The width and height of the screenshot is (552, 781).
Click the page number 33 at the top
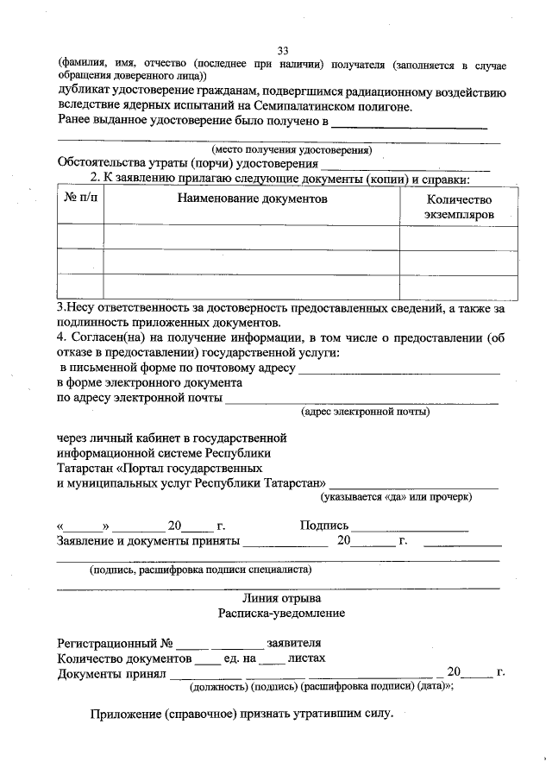pyautogui.click(x=284, y=50)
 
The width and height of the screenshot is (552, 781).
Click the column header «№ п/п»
pyautogui.click(x=81, y=198)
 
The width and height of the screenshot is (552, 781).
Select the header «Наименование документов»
pyautogui.click(x=253, y=198)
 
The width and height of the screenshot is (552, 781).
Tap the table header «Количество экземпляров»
pyautogui.click(x=458, y=205)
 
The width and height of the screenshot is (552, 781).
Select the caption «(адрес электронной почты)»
pyautogui.click(x=365, y=412)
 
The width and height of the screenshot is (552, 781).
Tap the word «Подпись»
pyautogui.click(x=323, y=526)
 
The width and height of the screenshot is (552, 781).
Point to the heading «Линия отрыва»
pyautogui.click(x=281, y=598)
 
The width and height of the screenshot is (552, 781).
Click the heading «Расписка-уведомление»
pyautogui.click(x=281, y=613)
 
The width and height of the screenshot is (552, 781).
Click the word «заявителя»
pyautogui.click(x=294, y=644)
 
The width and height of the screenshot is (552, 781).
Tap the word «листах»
pyautogui.click(x=306, y=658)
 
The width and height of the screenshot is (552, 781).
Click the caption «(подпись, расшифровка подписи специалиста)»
pyautogui.click(x=201, y=570)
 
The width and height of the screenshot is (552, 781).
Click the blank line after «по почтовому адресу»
pyautogui.click(x=398, y=369)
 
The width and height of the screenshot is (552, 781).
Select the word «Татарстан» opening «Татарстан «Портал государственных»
pyautogui.click(x=85, y=467)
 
